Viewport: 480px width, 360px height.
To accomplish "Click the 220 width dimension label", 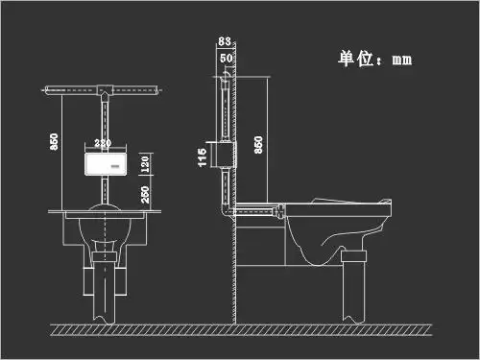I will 103,142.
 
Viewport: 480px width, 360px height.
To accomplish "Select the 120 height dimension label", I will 145,163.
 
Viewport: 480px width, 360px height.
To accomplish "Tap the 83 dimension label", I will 224,40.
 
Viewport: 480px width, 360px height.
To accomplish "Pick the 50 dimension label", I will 226,58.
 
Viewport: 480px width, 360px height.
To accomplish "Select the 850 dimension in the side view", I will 259,144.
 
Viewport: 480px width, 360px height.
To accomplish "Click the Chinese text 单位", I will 356,58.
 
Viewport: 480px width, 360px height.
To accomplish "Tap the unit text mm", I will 402,60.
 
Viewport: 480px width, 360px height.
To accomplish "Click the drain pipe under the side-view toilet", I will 355,288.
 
